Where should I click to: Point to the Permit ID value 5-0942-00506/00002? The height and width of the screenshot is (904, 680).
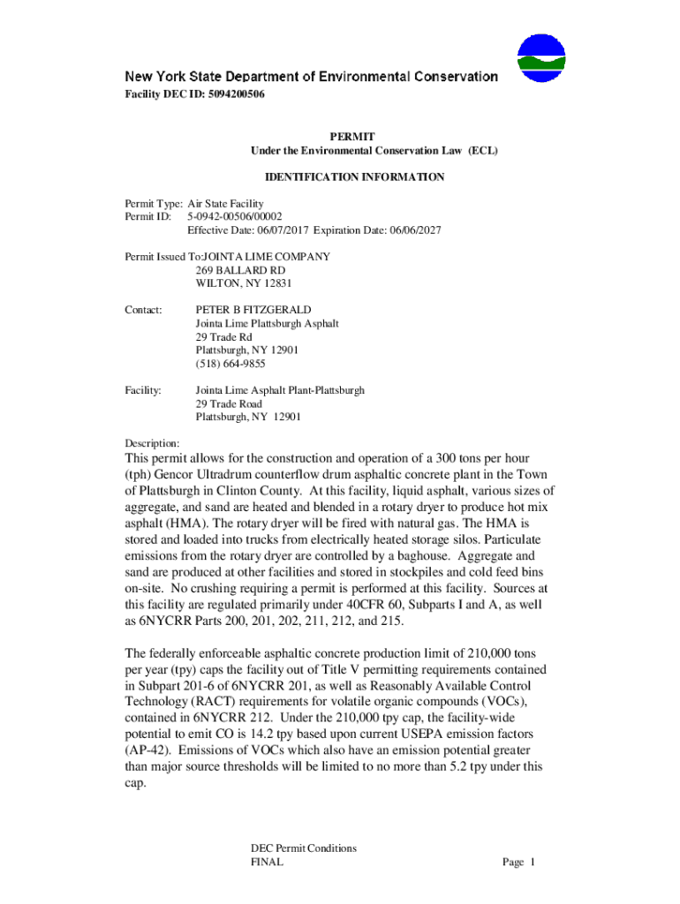234,216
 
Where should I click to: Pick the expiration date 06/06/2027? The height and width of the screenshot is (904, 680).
412,230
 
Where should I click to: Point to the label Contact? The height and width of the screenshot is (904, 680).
144,311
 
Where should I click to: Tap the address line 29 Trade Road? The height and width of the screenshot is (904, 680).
229,403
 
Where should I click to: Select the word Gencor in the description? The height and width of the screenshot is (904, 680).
174,475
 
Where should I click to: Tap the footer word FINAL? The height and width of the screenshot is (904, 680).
267,863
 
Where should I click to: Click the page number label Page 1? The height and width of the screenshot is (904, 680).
519,863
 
